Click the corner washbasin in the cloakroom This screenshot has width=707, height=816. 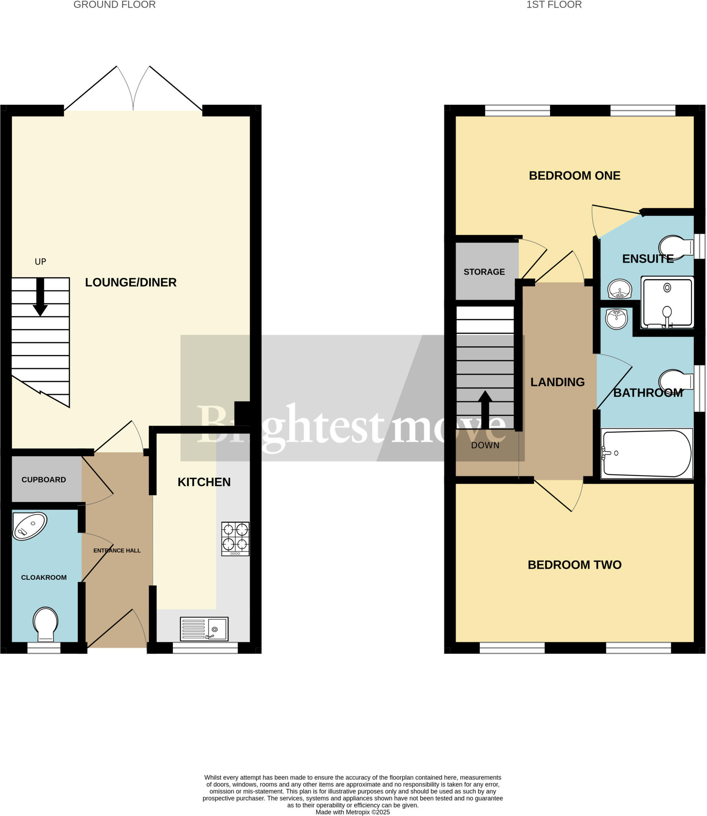point(29,526)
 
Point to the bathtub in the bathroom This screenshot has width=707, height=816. point(646,453)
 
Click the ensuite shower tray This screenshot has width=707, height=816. point(667,303)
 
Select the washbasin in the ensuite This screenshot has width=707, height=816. point(619,288)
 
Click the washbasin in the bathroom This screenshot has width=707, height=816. point(616,319)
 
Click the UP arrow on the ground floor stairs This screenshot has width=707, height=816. point(40,296)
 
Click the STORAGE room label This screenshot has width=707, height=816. point(484,272)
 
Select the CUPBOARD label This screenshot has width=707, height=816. point(44,480)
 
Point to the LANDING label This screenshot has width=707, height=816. point(557,382)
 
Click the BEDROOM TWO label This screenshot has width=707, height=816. point(574,565)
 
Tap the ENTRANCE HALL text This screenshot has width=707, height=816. point(117,551)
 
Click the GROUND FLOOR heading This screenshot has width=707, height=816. point(114,5)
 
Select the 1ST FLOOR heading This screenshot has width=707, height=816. point(554,5)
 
